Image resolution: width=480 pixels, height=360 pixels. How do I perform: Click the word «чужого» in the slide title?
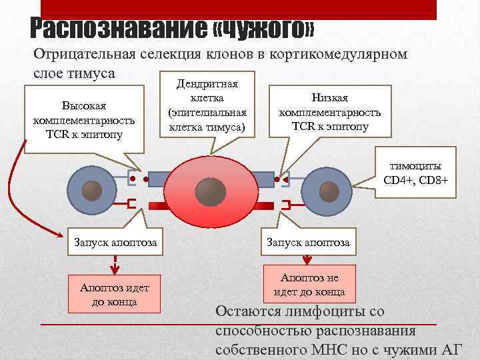pyautogui.click(x=264, y=29)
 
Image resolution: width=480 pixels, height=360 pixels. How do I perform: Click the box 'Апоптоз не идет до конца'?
pyautogui.click(x=309, y=283)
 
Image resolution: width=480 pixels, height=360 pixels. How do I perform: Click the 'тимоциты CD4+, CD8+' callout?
pyautogui.click(x=421, y=173)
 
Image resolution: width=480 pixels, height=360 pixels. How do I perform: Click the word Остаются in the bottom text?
pyautogui.click(x=249, y=312)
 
